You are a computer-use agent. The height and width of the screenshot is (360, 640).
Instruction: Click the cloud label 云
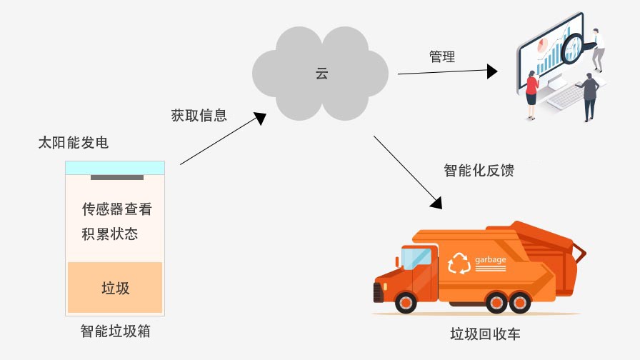point(321,73)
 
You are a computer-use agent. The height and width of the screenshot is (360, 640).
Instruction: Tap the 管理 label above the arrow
point(442,57)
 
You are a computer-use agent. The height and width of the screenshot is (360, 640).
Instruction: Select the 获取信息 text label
point(199,115)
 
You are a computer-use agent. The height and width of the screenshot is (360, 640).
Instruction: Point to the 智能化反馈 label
point(479,171)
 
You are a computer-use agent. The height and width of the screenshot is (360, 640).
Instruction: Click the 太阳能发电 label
point(74,143)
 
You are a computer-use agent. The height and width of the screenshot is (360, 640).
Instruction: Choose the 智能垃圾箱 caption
point(115,331)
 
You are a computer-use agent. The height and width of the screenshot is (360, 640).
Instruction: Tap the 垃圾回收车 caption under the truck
point(485,334)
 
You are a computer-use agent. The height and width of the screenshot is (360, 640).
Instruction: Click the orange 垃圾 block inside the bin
point(115,288)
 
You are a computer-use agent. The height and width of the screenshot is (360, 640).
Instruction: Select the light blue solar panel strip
point(115,167)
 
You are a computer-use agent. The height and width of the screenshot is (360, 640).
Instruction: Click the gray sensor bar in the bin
point(115,177)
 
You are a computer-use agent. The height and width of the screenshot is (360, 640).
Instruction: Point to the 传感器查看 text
point(117,209)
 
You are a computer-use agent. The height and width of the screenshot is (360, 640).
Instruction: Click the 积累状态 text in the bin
point(110,234)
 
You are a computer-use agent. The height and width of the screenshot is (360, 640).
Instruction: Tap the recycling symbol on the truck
point(457,264)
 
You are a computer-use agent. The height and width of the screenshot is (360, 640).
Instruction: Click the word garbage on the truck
point(490,259)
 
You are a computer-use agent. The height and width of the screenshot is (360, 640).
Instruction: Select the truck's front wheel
point(406,303)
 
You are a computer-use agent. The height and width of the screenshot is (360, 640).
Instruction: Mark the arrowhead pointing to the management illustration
point(491,71)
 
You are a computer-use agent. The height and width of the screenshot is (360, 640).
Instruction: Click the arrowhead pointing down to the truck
point(437,201)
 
